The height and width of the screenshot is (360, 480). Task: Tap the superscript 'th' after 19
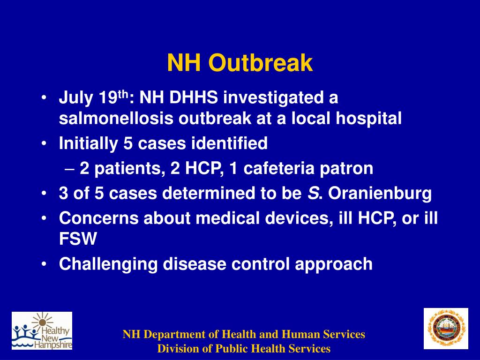[x=122, y=95]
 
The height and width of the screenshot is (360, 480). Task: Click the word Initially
[x=88, y=143]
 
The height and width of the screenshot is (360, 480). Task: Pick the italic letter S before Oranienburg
[x=313, y=194]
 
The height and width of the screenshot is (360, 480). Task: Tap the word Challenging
[x=108, y=264]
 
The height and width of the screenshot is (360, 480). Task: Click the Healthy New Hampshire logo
[x=42, y=331]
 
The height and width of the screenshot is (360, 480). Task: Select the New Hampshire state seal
[x=446, y=329]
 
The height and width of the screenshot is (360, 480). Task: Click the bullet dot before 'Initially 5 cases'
[x=44, y=144]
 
